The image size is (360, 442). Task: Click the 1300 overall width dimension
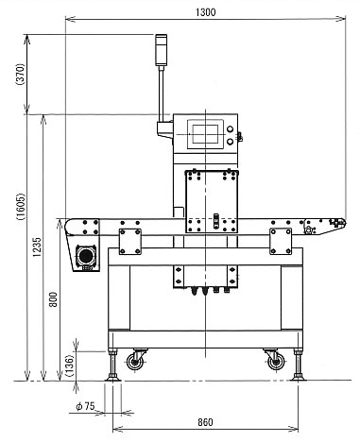coord(206,12)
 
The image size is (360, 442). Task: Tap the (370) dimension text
coord(21,75)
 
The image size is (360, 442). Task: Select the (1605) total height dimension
coord(21,207)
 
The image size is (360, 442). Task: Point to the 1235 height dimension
coord(37,246)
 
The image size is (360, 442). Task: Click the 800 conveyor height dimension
coord(53,299)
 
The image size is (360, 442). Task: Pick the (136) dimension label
coord(69,366)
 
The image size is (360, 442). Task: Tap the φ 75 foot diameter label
coord(85,406)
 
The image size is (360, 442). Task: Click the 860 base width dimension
coord(205,422)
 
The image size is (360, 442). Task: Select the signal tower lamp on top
coord(161,50)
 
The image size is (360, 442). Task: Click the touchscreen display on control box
coord(205,134)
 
